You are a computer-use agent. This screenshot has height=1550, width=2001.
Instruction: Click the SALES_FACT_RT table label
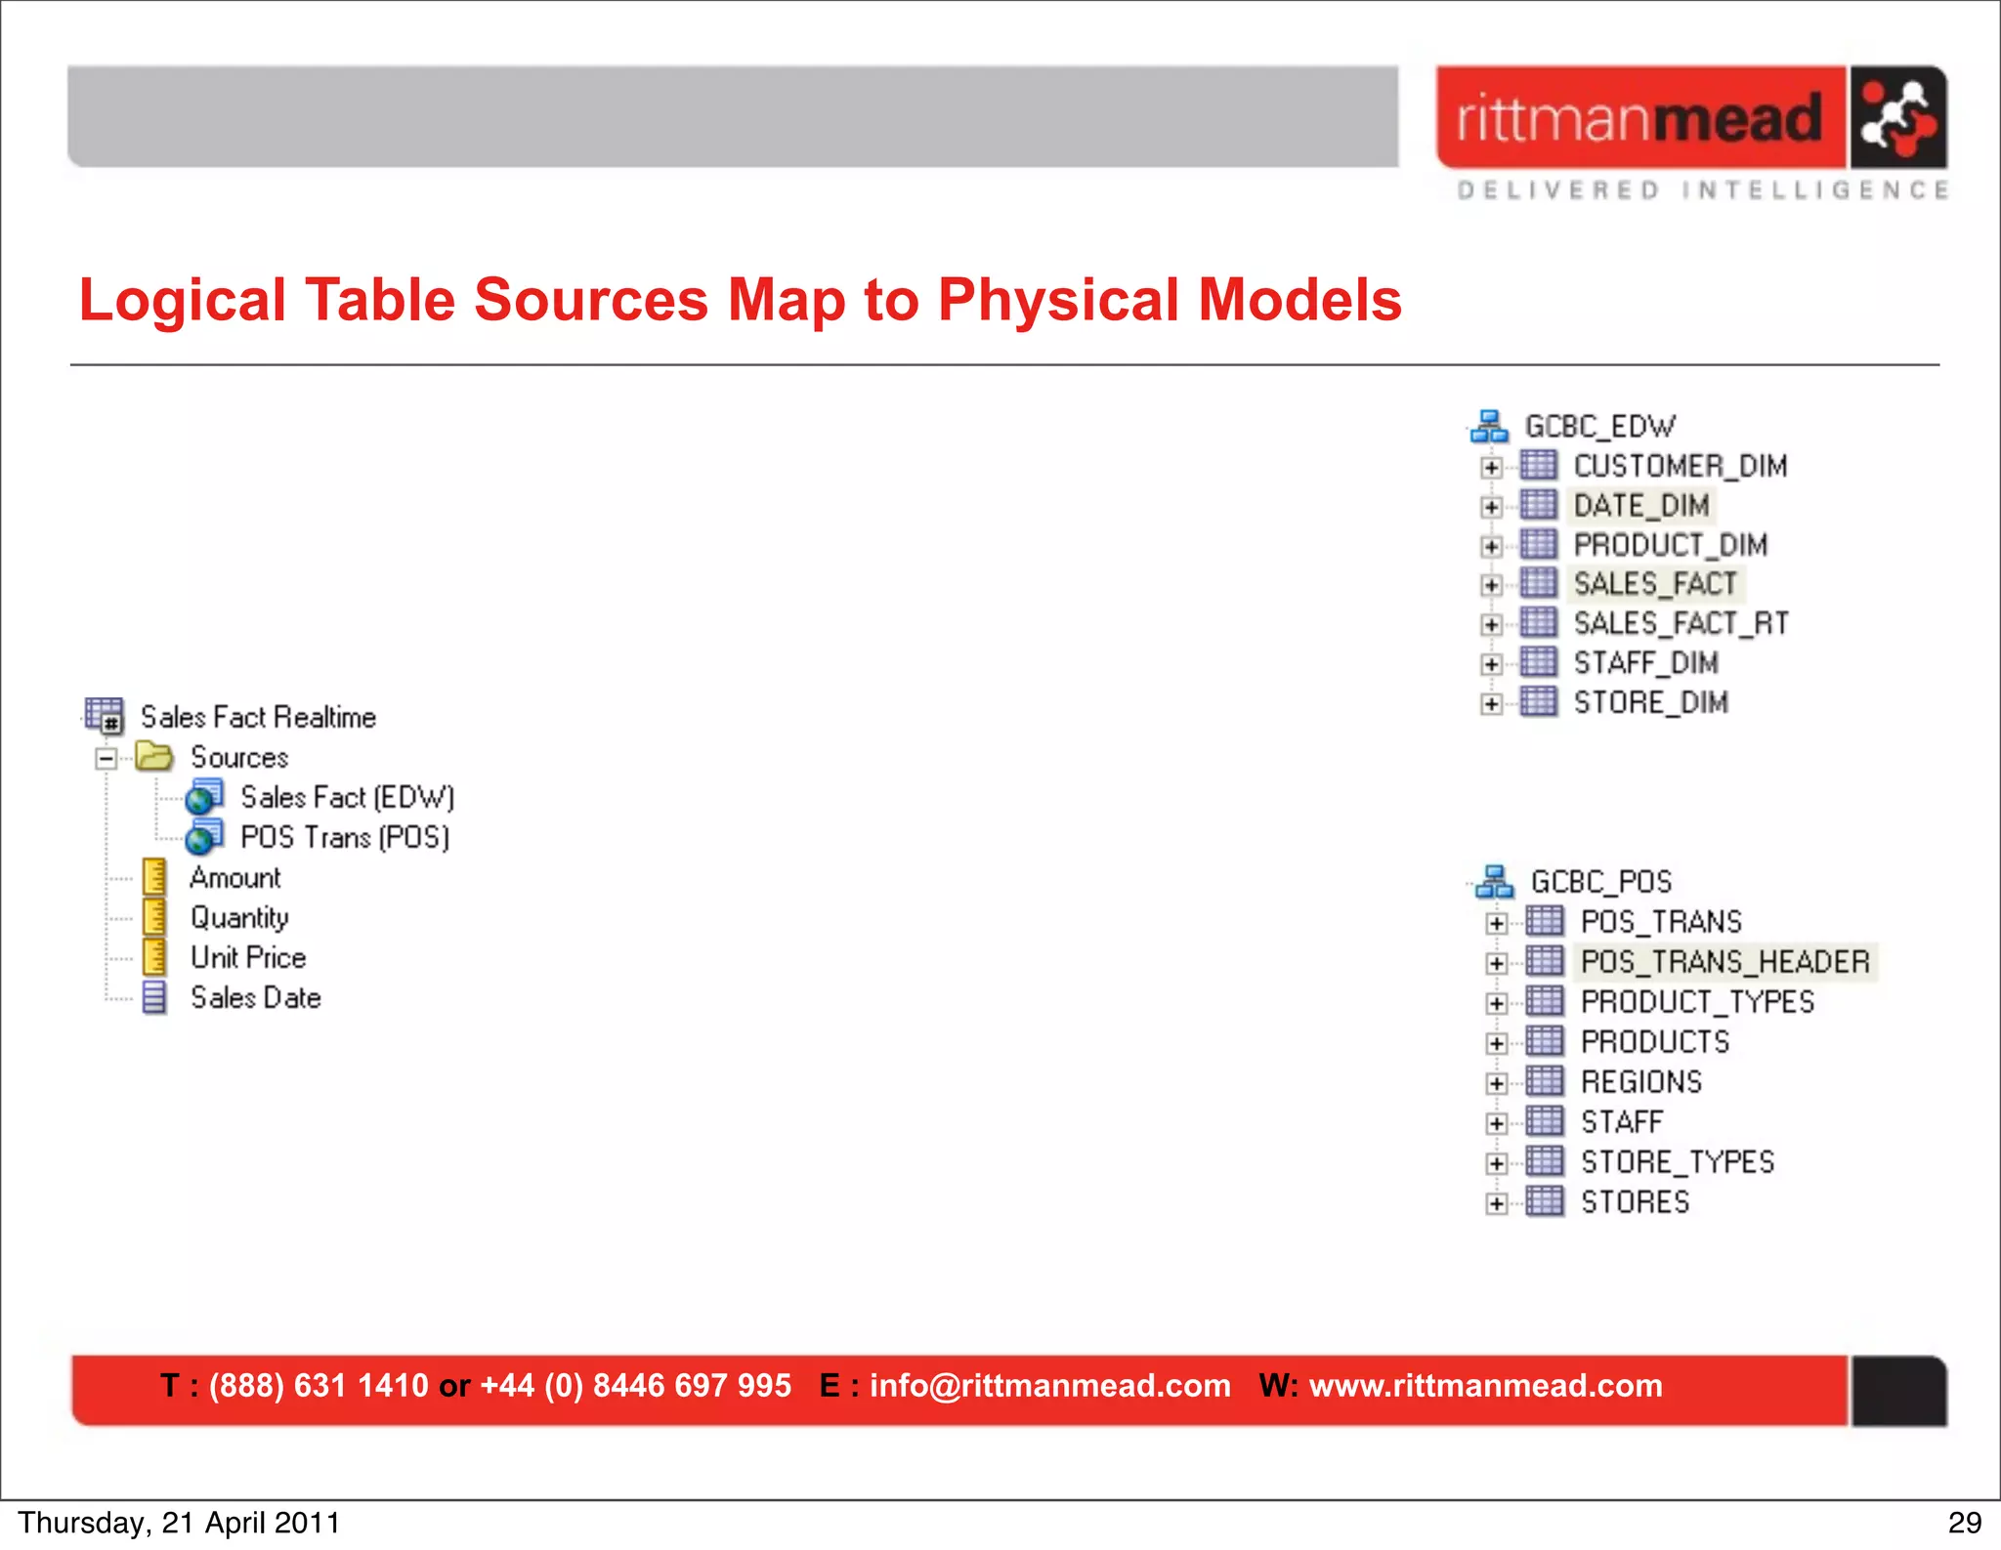pyautogui.click(x=1681, y=623)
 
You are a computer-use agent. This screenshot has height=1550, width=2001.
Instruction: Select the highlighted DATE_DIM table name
pyautogui.click(x=1641, y=505)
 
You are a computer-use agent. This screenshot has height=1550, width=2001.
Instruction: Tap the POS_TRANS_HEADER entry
pyautogui.click(x=1724, y=962)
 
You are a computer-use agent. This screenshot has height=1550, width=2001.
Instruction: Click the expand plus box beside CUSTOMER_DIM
pyautogui.click(x=1491, y=468)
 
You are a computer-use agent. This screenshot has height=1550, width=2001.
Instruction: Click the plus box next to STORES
pyautogui.click(x=1496, y=1203)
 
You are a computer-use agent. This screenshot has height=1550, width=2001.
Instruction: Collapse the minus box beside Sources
pyautogui.click(x=106, y=759)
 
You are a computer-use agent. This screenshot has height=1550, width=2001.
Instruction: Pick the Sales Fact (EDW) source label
pyautogui.click(x=348, y=798)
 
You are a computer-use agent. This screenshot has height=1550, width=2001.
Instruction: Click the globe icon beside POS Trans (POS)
pyautogui.click(x=203, y=838)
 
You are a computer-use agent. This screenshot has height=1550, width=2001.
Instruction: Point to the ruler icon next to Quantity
pyautogui.click(x=154, y=918)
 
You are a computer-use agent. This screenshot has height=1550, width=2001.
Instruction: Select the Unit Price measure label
pyautogui.click(x=248, y=958)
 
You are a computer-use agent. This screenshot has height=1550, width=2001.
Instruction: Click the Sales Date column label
pyautogui.click(x=256, y=998)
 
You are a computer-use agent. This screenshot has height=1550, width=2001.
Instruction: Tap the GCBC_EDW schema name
pyautogui.click(x=1599, y=427)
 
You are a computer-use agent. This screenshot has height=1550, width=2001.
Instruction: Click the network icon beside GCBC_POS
pyautogui.click(x=1494, y=882)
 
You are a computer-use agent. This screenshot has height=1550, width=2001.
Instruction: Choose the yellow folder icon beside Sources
pyautogui.click(x=154, y=757)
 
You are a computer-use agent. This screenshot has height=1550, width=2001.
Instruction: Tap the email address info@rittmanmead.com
pyautogui.click(x=1049, y=1386)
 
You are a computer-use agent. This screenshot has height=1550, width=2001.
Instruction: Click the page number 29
pyautogui.click(x=1965, y=1523)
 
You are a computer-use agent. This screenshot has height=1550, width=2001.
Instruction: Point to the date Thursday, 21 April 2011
pyautogui.click(x=179, y=1523)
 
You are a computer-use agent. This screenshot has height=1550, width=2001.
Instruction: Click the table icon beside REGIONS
pyautogui.click(x=1545, y=1082)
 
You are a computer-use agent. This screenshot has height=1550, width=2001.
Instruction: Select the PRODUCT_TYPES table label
pyautogui.click(x=1697, y=1002)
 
